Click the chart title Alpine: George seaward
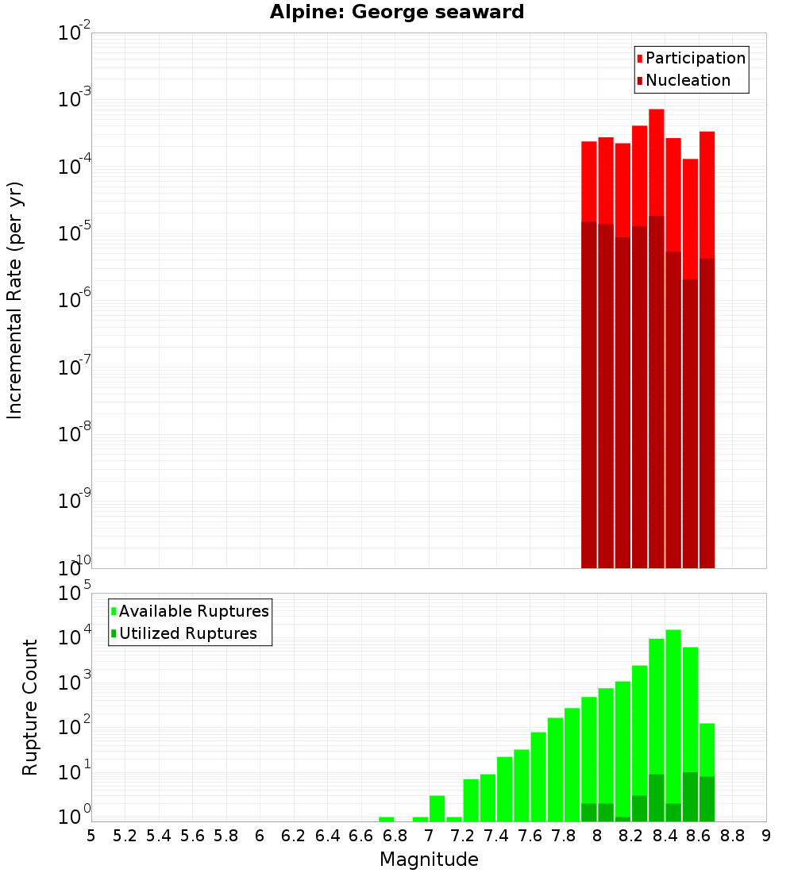[x=397, y=12]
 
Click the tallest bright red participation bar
[x=657, y=159]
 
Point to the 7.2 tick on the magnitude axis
[x=462, y=835]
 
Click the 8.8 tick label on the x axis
[x=732, y=835]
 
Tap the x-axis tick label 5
[x=91, y=835]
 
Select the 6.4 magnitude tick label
[x=327, y=835]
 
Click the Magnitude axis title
[x=429, y=860]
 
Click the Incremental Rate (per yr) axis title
[x=15, y=300]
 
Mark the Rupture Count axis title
[x=30, y=707]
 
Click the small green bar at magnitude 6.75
[x=387, y=819]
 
